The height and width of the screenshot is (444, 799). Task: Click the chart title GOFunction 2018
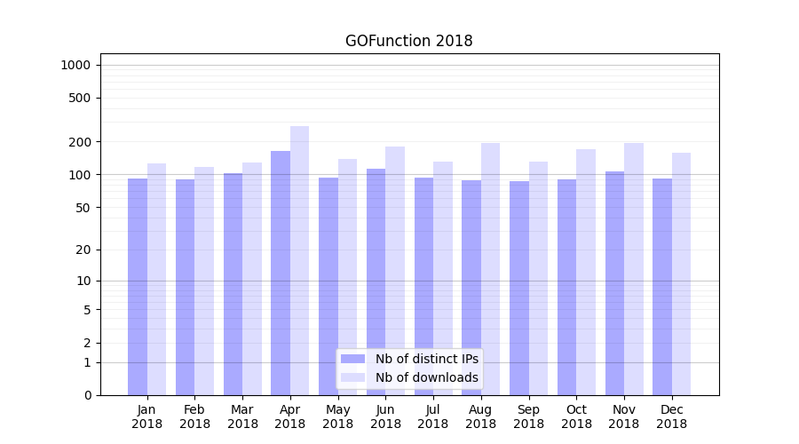point(408,41)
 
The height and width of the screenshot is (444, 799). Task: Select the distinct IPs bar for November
point(614,283)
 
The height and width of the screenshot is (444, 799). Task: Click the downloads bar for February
point(204,281)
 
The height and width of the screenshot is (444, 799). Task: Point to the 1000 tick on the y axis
point(75,65)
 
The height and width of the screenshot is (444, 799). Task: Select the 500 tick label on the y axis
point(80,98)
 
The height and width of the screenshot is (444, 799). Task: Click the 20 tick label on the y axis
point(83,250)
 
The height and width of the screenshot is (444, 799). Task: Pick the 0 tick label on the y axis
point(87,395)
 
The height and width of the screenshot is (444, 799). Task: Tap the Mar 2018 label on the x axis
point(242,416)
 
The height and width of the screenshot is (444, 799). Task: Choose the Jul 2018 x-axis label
point(433,416)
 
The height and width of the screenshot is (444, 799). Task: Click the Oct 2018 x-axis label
point(576,416)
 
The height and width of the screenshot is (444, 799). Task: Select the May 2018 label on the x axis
point(338,416)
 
